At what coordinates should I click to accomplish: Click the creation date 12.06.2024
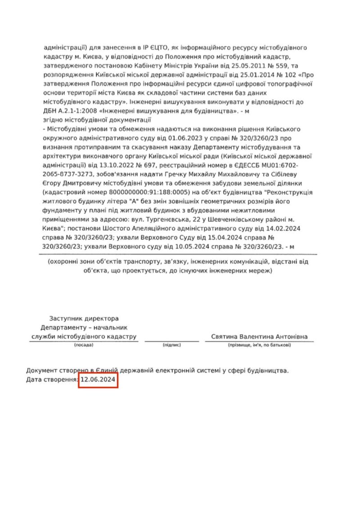coord(98,381)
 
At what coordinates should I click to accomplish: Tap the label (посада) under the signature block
coord(83,345)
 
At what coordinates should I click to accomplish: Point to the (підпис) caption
coord(171,345)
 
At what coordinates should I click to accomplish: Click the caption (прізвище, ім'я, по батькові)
coord(259,345)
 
